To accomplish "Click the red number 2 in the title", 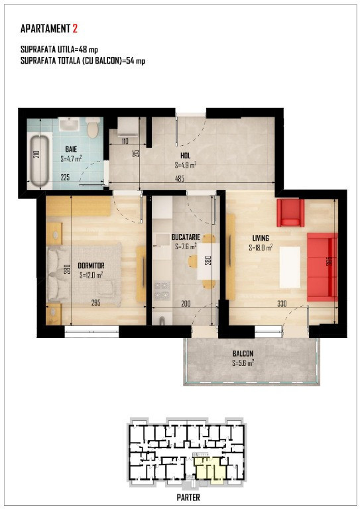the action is [x=75, y=29].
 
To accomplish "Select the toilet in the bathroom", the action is [x=93, y=127].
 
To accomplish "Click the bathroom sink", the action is [x=69, y=125].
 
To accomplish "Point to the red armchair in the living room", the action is [x=290, y=213].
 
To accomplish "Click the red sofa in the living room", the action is [x=322, y=267].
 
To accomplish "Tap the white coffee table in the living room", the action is [x=290, y=267].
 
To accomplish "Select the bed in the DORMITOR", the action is [x=84, y=275].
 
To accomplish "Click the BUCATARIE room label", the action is [x=186, y=237].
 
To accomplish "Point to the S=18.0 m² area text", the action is [x=261, y=248].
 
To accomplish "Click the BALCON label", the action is [x=243, y=353].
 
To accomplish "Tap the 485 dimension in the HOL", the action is [x=180, y=178].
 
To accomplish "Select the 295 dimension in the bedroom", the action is [x=95, y=303].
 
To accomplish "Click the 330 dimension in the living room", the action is [x=282, y=304].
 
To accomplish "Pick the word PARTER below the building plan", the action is [x=188, y=497].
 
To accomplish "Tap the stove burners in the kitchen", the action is [x=162, y=290].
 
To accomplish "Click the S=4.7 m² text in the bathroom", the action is [x=71, y=159].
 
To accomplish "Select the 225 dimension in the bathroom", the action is [x=65, y=178].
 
